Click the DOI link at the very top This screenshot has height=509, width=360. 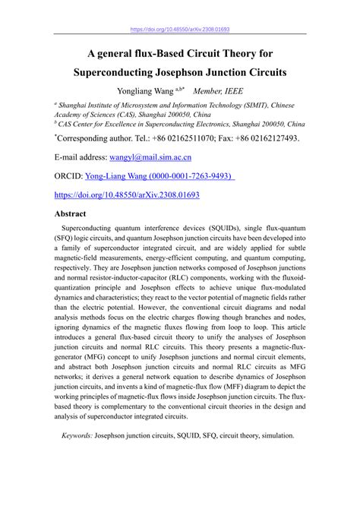tap(180, 30)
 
